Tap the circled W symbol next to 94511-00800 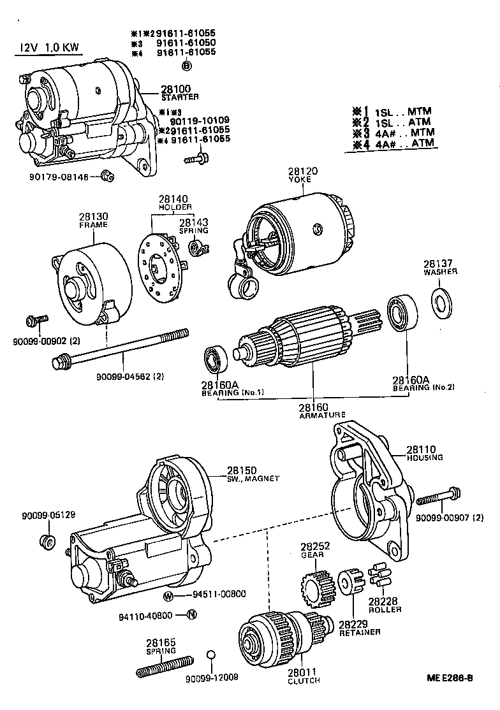pos(168,596)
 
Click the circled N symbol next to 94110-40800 pos(192,615)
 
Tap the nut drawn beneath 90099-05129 pos(46,542)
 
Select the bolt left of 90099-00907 pos(439,494)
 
